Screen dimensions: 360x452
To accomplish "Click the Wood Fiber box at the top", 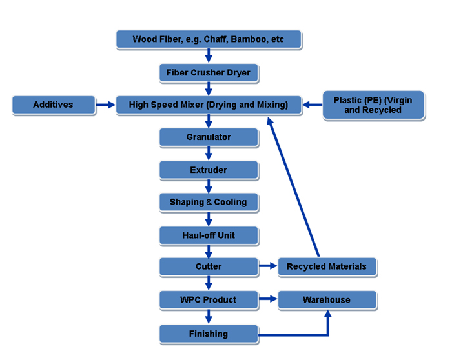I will (x=208, y=39).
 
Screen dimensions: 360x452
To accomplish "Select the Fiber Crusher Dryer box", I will (x=208, y=73).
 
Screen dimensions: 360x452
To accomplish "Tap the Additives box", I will (x=53, y=105).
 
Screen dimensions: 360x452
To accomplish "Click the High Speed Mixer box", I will (x=208, y=105).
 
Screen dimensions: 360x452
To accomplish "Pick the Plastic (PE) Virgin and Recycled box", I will (x=373, y=105).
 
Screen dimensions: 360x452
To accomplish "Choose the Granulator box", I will (x=208, y=137).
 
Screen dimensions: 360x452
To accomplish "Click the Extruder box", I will (x=208, y=170).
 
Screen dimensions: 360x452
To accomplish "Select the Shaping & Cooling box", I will (x=208, y=203).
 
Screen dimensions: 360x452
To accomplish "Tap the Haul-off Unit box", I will (x=208, y=235).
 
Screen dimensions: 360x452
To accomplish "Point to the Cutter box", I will (x=208, y=266).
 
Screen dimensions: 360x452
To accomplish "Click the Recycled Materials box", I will (x=326, y=266).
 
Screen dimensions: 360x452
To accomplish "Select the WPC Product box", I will (x=208, y=300).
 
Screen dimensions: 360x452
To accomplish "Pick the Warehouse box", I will (x=326, y=300).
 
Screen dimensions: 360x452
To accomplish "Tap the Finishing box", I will (x=208, y=334).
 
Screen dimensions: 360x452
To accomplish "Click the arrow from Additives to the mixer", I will (x=105, y=105).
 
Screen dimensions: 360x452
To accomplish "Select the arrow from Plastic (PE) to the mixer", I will (x=313, y=105).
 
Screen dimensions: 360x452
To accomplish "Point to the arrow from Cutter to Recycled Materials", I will (x=268, y=266).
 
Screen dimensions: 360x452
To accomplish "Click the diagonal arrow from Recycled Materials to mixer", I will (x=294, y=187).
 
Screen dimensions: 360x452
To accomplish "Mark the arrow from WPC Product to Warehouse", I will (x=268, y=300).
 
